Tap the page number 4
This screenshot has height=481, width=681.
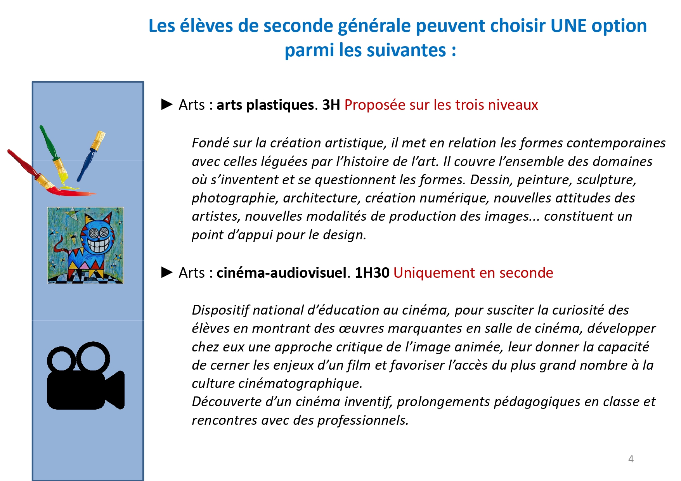point(631,459)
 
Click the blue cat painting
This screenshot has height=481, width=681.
point(85,245)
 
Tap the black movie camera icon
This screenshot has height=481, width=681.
point(86,375)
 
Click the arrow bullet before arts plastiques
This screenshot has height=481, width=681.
point(167,104)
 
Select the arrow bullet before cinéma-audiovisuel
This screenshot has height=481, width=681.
point(167,272)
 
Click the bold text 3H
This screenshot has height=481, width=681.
point(331,105)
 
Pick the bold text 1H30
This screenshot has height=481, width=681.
point(372,273)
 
